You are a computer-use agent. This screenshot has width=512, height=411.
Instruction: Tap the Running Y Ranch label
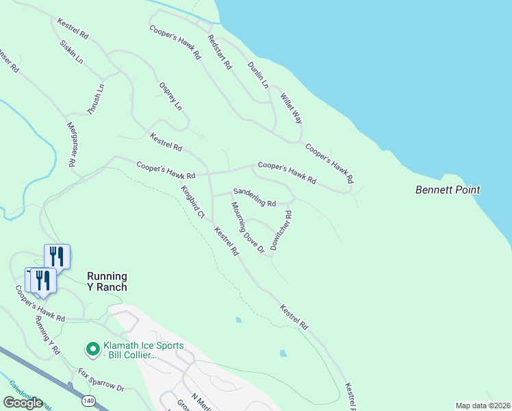coord(107,282)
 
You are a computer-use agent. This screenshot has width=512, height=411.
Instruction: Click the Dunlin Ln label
coord(257,74)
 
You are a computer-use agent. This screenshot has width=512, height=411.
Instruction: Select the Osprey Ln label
coord(170,97)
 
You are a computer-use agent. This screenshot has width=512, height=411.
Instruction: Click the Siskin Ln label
coord(71,51)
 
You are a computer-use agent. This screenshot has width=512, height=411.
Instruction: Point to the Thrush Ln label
coord(95,100)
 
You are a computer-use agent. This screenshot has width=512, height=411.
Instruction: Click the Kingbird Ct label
coord(192,202)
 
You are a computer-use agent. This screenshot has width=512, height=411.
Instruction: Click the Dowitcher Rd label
coord(281,230)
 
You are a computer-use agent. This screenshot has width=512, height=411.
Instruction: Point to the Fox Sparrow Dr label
coord(101,380)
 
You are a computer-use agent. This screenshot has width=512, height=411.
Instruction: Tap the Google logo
coord(23,402)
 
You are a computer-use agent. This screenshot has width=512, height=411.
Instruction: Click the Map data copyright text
coord(483,406)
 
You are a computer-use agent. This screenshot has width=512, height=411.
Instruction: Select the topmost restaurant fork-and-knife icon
coord(57,256)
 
